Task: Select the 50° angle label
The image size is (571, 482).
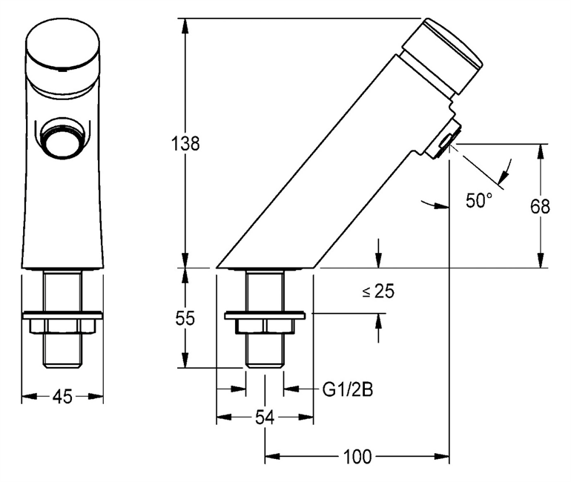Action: tap(479, 199)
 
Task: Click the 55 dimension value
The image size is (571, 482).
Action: tap(185, 318)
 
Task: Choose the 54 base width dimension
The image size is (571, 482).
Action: tap(265, 418)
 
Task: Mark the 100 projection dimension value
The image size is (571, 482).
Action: tap(358, 456)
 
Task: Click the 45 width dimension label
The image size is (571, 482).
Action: tap(62, 397)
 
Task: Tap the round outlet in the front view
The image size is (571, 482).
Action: tap(62, 137)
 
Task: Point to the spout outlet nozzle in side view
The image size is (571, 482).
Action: tap(446, 139)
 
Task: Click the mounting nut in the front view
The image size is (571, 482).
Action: tap(62, 323)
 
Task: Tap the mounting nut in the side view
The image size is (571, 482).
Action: tap(265, 323)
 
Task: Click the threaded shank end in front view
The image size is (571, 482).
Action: tap(62, 352)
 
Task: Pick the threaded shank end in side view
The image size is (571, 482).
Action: tap(265, 352)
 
